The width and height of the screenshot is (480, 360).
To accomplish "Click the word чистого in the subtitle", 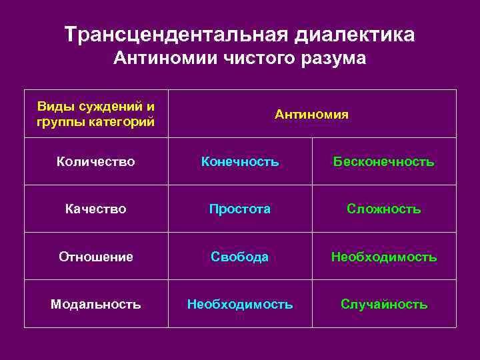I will [254, 59].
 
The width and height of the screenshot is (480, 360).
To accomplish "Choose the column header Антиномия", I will [311, 114].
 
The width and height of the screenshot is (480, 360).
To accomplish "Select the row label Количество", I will [96, 161].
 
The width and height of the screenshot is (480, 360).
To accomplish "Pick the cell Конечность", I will [240, 161].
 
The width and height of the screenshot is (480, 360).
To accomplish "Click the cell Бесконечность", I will [383, 161].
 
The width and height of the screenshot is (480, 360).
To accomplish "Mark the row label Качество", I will [96, 209].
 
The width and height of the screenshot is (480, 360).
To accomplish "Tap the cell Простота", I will [240, 209].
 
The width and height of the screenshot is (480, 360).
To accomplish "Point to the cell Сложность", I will [383, 209].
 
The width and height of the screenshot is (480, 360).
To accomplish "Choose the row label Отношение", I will [96, 257].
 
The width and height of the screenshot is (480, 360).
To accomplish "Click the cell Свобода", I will [240, 257].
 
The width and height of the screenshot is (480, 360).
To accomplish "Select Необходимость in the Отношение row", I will [383, 257].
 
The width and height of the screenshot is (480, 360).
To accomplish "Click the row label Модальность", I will [96, 304].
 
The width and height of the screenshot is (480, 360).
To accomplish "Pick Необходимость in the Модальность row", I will [240, 304].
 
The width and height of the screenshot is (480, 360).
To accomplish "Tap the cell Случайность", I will [383, 304].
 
